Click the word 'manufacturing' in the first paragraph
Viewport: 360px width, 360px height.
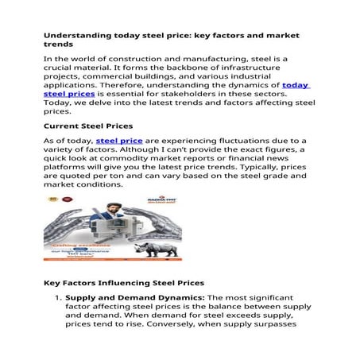[234, 60]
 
